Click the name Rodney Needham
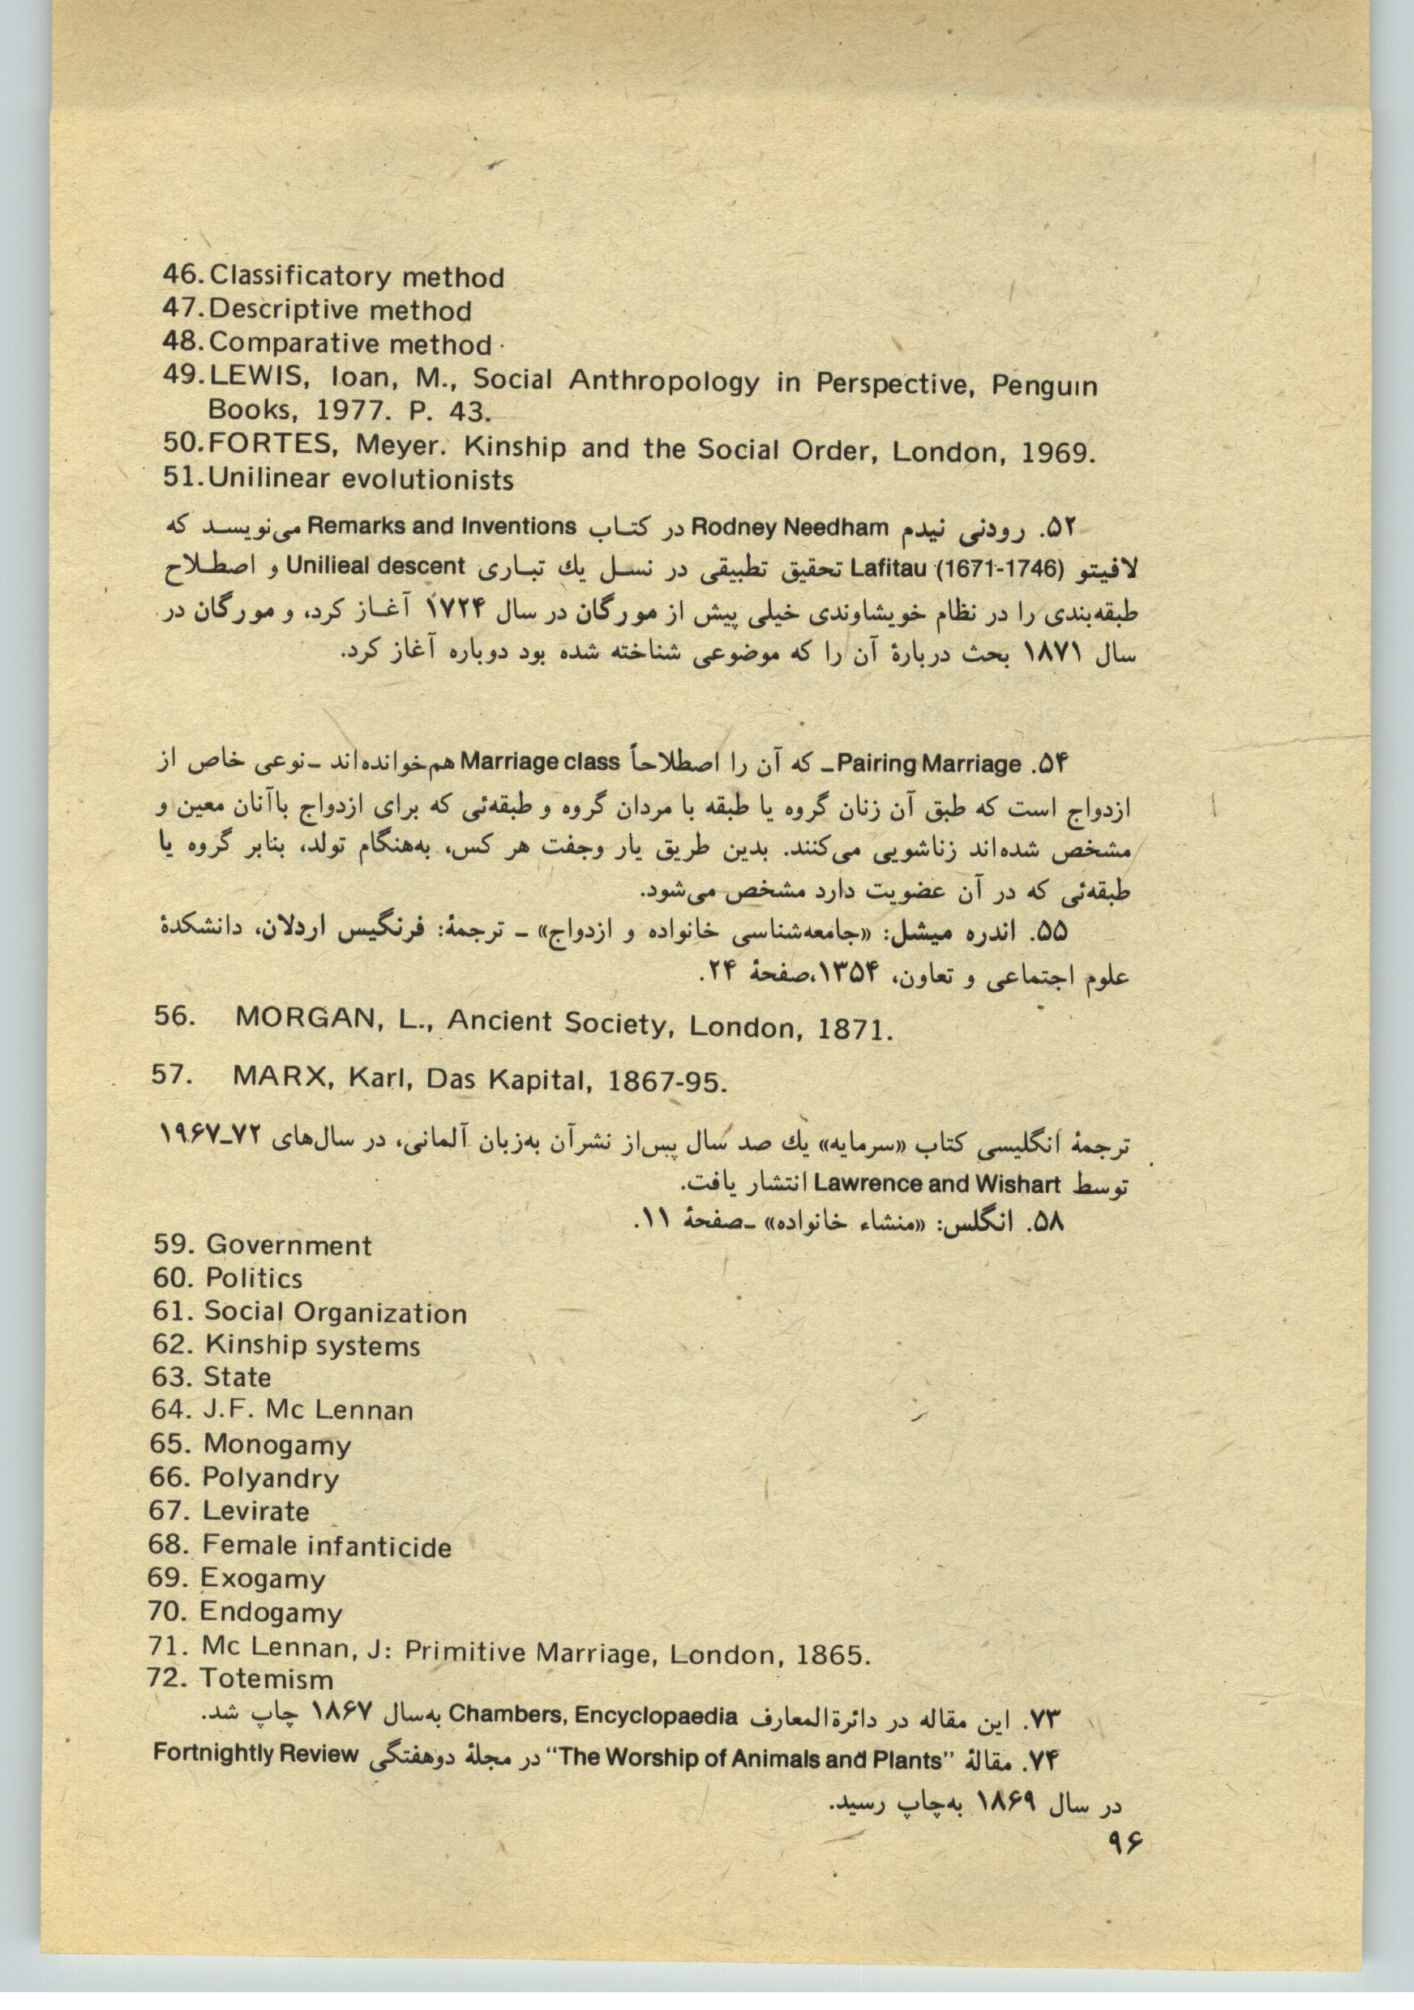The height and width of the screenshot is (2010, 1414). click(x=789, y=528)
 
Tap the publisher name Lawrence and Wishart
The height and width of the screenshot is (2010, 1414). click(x=936, y=1183)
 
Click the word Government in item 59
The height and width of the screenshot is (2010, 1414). click(x=289, y=1245)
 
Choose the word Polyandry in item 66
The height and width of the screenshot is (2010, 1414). click(x=271, y=1478)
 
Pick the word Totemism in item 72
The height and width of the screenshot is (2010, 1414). click(x=267, y=1679)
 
